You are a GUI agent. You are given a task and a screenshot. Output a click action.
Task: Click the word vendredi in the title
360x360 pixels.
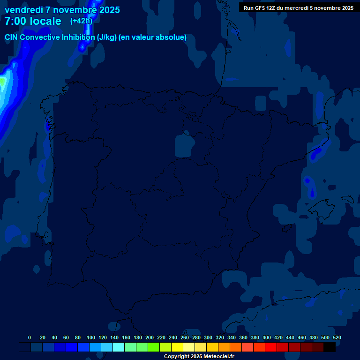click(x=23, y=10)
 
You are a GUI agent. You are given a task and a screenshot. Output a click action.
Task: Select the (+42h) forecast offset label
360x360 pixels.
click(x=81, y=21)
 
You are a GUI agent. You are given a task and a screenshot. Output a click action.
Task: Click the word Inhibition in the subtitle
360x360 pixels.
click(x=77, y=37)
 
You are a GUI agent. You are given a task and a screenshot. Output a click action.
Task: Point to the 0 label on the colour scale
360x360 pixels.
click(x=30, y=337)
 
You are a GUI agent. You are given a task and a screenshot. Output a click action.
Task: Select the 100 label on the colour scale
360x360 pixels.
click(x=91, y=337)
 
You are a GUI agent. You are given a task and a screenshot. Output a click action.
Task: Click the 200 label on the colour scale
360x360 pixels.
click(x=150, y=337)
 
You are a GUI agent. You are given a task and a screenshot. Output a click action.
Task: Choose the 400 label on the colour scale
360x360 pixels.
click(x=267, y=337)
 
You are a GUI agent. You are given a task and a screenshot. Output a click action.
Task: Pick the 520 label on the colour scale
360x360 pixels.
click(x=337, y=337)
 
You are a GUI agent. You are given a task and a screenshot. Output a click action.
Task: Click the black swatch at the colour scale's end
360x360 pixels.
click(x=330, y=347)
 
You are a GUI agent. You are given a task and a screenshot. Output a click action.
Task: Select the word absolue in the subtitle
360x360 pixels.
click(x=172, y=37)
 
